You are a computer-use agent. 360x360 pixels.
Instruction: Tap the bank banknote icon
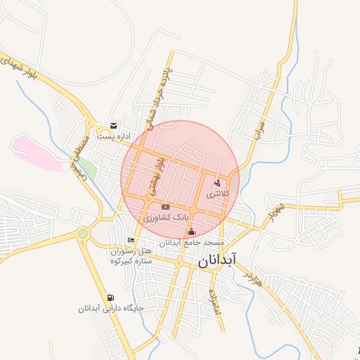[x=165, y=207]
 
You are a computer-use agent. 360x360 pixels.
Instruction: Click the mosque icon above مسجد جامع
[x=191, y=232]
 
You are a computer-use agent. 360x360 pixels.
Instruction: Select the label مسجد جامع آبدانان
[x=191, y=242]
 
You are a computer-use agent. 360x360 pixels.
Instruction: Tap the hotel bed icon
[x=131, y=240]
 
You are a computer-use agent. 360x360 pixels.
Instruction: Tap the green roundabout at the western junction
[x=83, y=233]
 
